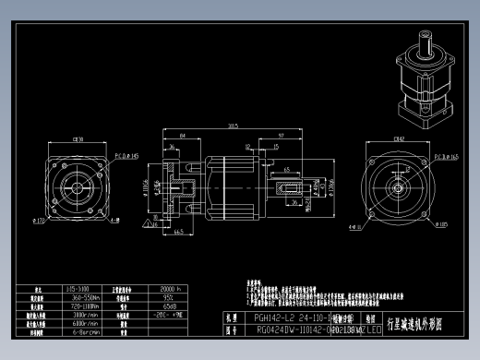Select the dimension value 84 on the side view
[x=184, y=136]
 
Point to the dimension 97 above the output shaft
[x=280, y=136]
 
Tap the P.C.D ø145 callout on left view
[x=126, y=157]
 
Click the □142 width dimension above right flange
[x=399, y=139]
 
